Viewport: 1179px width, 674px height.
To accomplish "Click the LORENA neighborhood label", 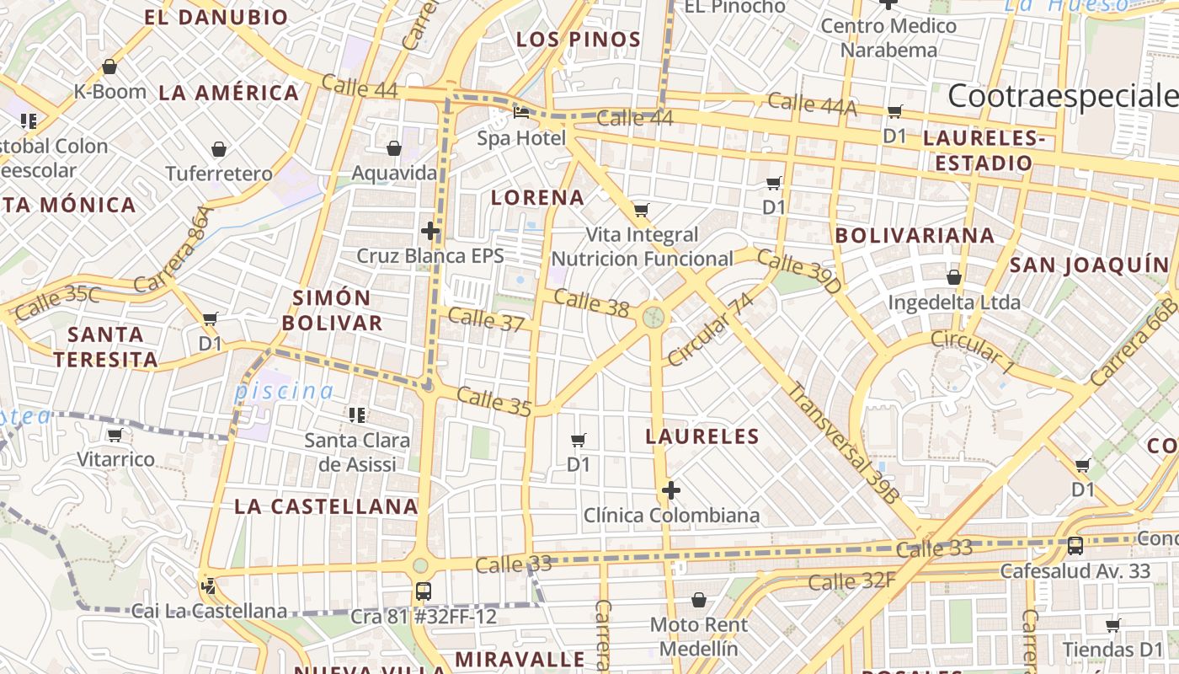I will click(x=537, y=198).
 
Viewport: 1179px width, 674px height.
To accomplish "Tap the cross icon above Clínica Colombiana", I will click(x=671, y=489).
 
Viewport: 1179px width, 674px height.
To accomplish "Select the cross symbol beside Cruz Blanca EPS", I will click(x=430, y=230).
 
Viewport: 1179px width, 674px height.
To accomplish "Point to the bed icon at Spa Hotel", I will click(x=521, y=112).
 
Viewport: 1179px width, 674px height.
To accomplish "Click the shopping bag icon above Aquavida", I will click(x=393, y=149).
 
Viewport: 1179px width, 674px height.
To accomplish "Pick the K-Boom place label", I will click(x=110, y=91).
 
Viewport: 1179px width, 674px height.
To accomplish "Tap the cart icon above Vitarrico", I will click(x=115, y=436).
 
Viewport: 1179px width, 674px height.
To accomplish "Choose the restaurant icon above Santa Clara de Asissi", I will click(x=357, y=415).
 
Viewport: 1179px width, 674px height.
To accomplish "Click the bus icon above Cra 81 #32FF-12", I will click(x=424, y=591).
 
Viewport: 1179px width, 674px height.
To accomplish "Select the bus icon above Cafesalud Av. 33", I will click(x=1075, y=546).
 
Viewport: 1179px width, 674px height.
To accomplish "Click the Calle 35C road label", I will click(x=57, y=302).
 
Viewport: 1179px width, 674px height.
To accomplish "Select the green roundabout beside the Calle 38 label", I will click(x=654, y=317).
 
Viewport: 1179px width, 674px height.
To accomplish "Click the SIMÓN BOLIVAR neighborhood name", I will click(x=332, y=310).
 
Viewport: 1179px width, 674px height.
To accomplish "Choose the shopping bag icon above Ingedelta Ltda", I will click(x=954, y=277).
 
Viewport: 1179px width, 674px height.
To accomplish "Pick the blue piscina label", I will click(x=284, y=391).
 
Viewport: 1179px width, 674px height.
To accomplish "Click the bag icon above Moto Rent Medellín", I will click(x=698, y=600).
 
